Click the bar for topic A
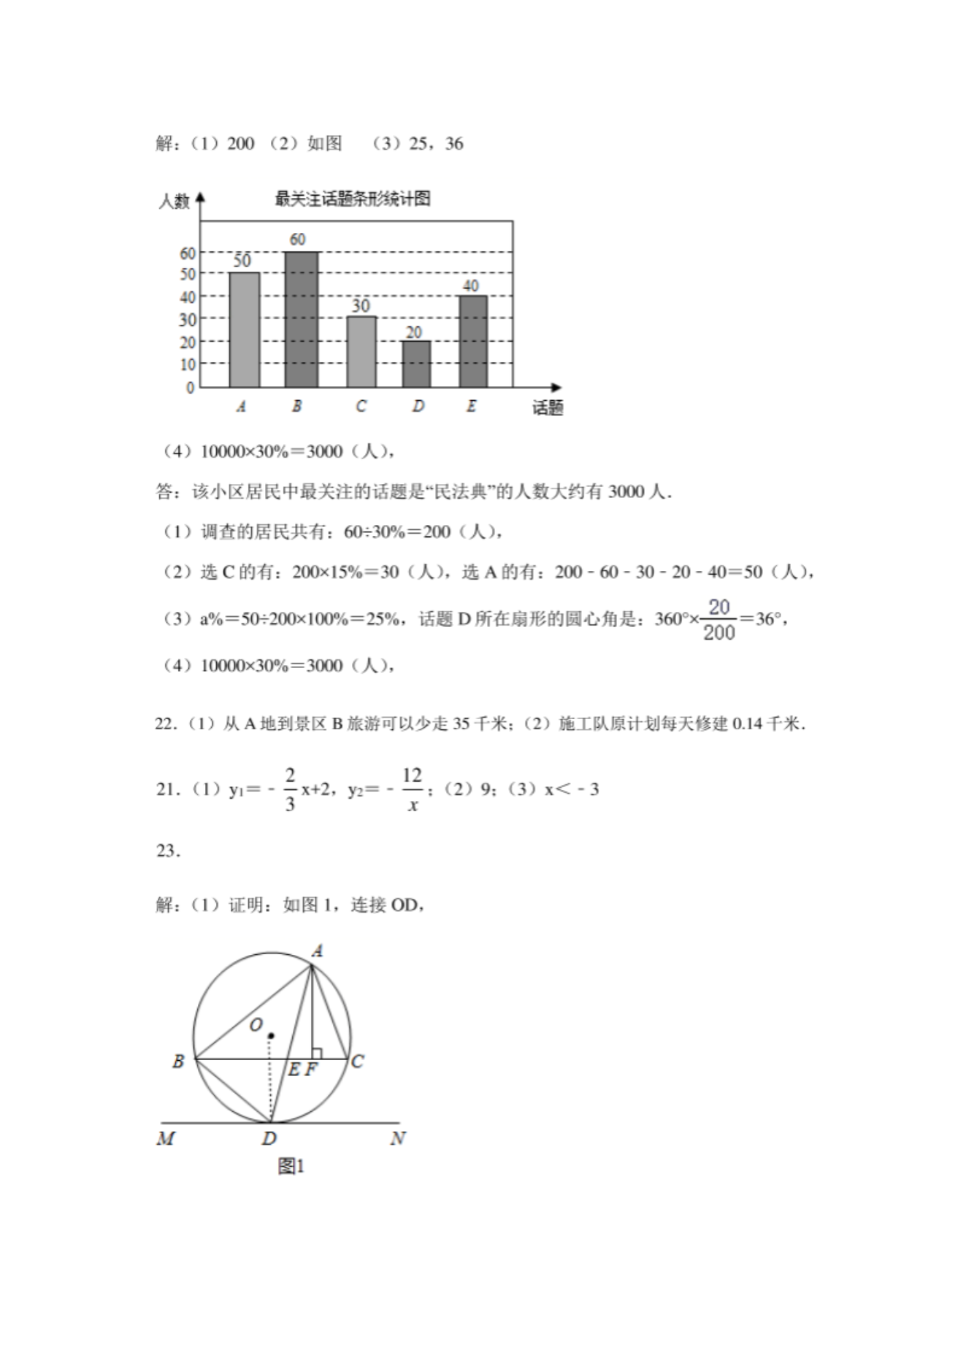pos(244,329)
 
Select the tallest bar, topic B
pos(301,319)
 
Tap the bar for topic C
pos(361,351)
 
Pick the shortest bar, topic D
pos(415,364)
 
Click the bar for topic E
pos(472,341)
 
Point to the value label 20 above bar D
pos(414,333)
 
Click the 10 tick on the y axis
pos(188,364)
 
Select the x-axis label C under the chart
pos(361,406)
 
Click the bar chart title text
pos(352,199)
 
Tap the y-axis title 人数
pos(174,201)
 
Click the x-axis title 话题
pos(547,408)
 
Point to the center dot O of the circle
pos(271,1035)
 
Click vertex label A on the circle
pos(317,951)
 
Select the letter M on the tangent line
pos(166,1138)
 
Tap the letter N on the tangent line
pos(398,1138)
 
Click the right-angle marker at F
pos(316,1054)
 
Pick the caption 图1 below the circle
pos(291,1167)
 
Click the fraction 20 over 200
pos(718,620)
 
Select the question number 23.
pos(168,851)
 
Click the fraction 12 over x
pos(413,790)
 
